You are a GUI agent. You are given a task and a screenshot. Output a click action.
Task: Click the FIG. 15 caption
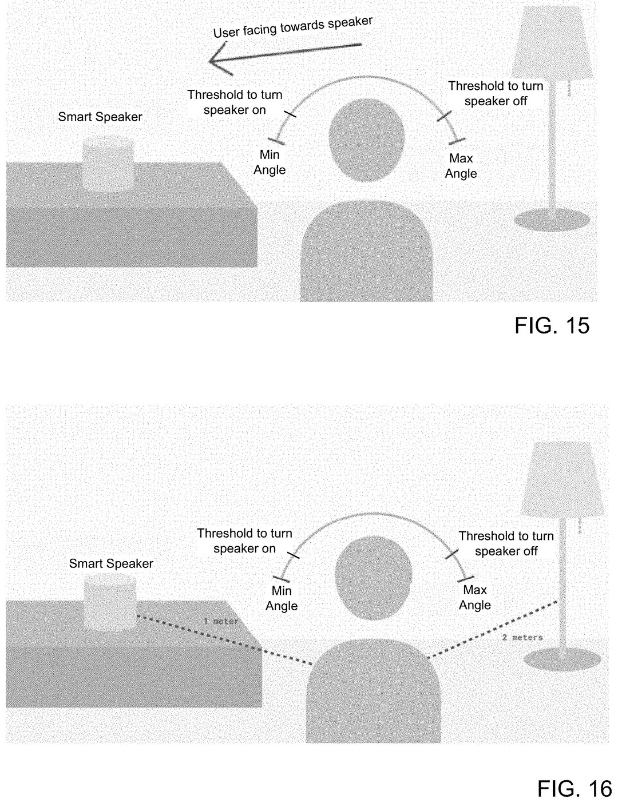coord(552,325)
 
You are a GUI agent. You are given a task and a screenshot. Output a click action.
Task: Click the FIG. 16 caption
coord(575,789)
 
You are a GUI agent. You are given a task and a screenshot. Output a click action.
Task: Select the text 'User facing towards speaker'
coord(293,27)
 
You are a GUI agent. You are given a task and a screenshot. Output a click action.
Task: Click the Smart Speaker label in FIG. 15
coord(100,117)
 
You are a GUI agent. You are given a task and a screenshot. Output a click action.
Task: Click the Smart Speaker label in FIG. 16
coord(111,563)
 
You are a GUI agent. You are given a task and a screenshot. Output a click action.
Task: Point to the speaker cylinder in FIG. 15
coord(108,164)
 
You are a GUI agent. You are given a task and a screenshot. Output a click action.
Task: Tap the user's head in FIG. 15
coord(367,140)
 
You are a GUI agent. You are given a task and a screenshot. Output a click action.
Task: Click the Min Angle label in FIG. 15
coord(270,162)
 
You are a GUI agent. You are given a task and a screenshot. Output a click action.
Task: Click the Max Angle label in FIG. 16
coord(474,597)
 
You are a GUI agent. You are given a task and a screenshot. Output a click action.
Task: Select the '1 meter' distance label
coord(221,621)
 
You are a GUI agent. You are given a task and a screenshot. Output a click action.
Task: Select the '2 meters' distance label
coord(522,638)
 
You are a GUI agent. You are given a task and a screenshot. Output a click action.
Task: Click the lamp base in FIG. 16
coord(562,659)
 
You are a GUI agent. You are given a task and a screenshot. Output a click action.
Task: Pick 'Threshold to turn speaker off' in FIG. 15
coord(496,93)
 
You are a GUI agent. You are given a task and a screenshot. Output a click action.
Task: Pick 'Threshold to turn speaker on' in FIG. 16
coord(245,540)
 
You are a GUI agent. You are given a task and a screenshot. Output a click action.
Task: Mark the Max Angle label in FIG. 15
coord(461,166)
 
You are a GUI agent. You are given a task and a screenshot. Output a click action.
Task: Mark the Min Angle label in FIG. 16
coord(282,598)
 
